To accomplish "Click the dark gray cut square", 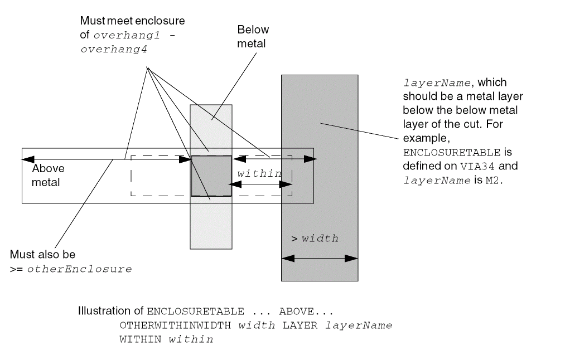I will coord(211,176).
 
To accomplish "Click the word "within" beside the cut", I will coord(259,173).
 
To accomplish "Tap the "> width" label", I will coord(315,239).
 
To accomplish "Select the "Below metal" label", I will coord(252,36).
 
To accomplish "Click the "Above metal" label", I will coord(48,174).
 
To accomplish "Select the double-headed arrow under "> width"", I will coord(320,259).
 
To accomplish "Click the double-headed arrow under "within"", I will coord(260,184).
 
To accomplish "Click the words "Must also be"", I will coord(42,255).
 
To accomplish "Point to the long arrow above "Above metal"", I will coord(106,160).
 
